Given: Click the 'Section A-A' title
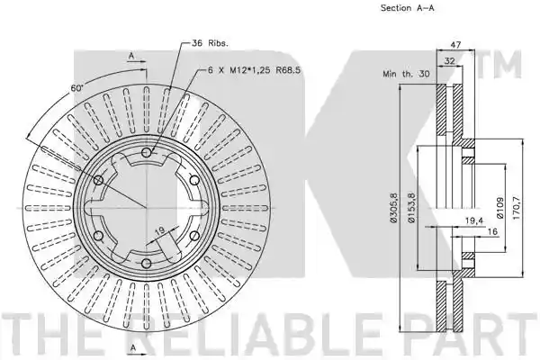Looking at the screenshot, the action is [x=407, y=8].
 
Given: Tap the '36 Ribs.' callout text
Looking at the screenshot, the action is [x=210, y=43].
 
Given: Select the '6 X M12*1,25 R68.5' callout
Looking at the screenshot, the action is [x=254, y=70].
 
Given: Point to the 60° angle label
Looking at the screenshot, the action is [x=77, y=88].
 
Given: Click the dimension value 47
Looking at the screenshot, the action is [x=455, y=44].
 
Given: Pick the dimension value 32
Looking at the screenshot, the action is [x=449, y=61].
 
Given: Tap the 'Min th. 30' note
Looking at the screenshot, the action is [x=406, y=74].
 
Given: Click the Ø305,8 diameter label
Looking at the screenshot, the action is [x=394, y=208].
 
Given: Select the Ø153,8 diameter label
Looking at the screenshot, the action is [x=412, y=208].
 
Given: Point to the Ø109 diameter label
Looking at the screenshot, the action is [x=500, y=208].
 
